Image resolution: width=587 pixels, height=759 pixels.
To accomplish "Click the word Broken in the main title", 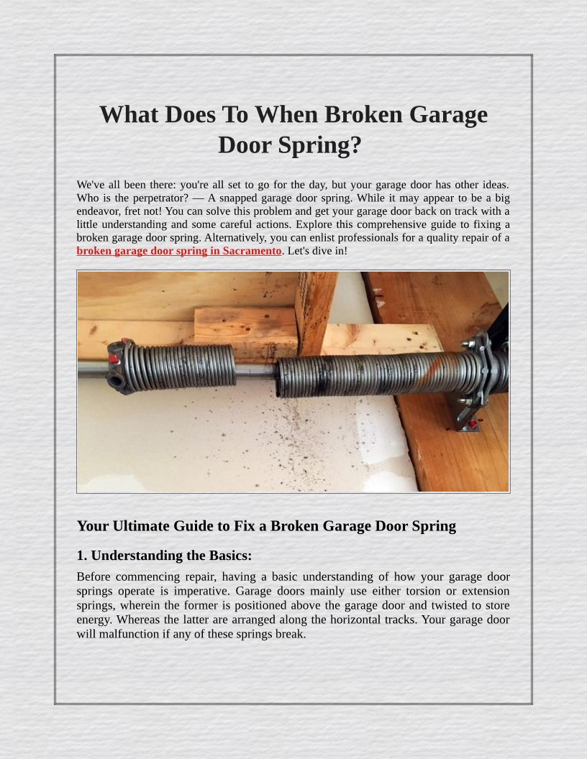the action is tap(363, 115).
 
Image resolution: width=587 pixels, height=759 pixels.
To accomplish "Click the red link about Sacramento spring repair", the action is tap(178, 251).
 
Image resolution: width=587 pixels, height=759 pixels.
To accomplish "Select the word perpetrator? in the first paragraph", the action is tap(161, 198).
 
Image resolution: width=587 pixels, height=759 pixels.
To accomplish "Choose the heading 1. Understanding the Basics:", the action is tap(164, 556).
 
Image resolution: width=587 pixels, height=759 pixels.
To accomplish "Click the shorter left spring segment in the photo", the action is tap(179, 367).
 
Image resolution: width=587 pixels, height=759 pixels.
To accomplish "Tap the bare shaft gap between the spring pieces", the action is tap(255, 372).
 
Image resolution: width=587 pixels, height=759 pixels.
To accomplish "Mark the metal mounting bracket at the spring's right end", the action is tap(477, 377).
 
